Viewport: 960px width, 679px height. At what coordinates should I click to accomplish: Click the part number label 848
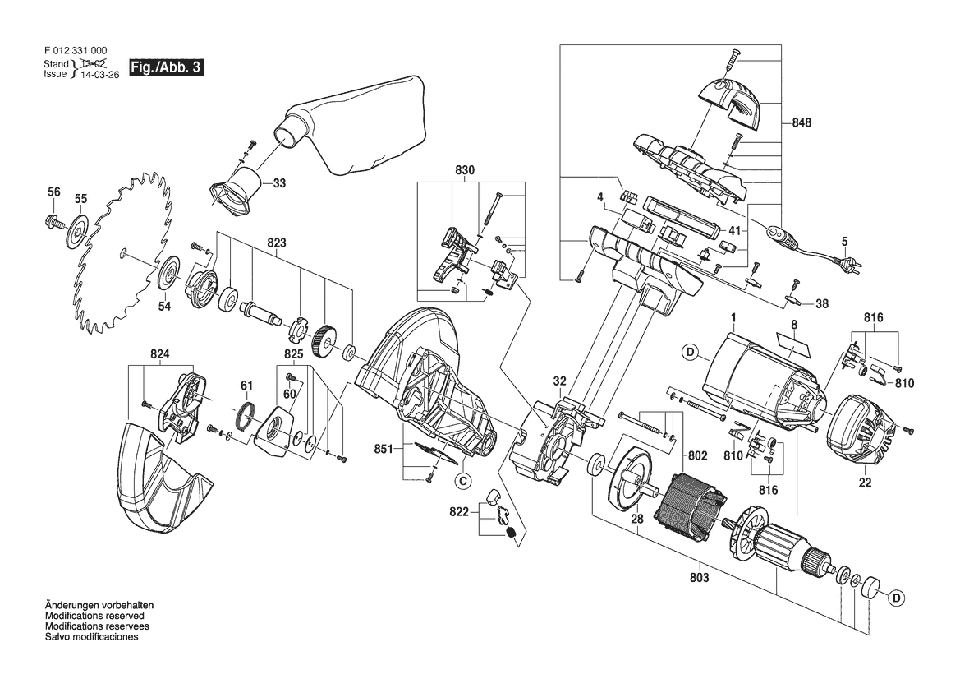click(x=801, y=122)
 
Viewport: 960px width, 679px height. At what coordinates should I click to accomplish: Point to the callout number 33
click(x=279, y=182)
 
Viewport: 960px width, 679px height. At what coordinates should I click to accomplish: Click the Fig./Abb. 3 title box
click(x=166, y=67)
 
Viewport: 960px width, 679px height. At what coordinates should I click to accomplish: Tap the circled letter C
click(x=463, y=482)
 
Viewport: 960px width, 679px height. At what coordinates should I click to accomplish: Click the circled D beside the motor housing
click(x=691, y=352)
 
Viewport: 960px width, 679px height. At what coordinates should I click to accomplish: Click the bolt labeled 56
click(x=54, y=220)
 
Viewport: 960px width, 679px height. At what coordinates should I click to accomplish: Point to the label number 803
click(x=699, y=577)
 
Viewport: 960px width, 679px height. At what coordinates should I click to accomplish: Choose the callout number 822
click(x=459, y=511)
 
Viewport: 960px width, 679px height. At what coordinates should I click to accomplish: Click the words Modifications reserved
click(x=95, y=616)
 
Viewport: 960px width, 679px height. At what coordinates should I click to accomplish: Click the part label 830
click(x=465, y=169)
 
